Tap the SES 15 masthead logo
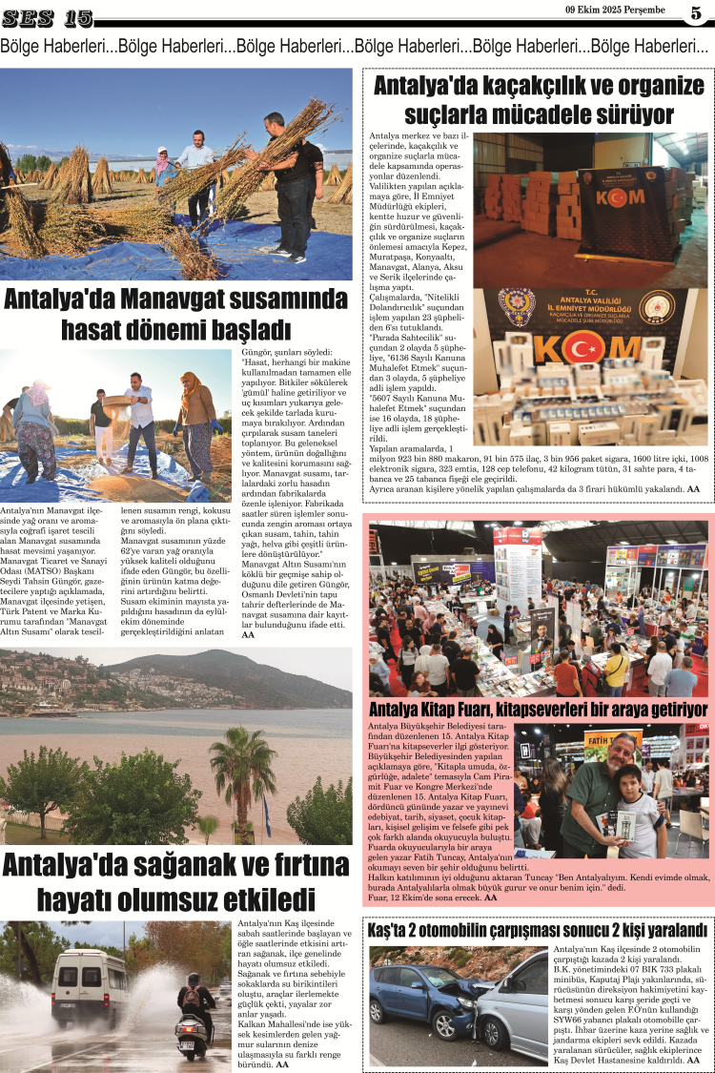click(47, 18)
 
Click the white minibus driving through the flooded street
click(88, 987)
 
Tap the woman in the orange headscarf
click(196, 410)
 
